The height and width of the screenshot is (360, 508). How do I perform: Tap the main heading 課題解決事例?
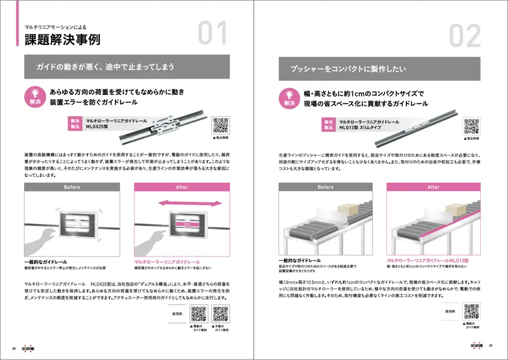point(58,41)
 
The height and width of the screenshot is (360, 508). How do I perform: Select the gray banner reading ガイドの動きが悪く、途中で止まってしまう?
point(126,67)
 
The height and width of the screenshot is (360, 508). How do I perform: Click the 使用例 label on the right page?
point(449,311)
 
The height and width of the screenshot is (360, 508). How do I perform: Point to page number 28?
point(13,348)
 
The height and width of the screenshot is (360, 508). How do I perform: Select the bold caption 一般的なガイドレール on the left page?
point(45,262)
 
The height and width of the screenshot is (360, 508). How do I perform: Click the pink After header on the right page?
point(434,187)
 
